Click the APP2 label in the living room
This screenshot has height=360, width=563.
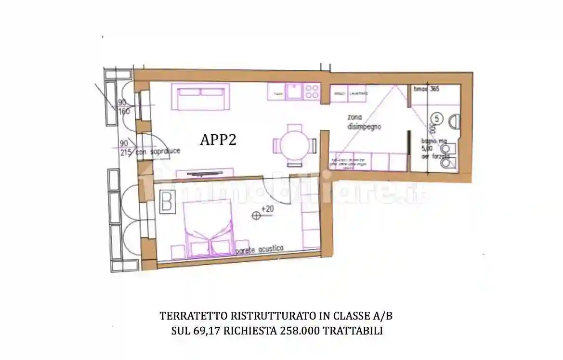tap(218, 140)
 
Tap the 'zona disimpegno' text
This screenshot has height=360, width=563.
tap(364, 122)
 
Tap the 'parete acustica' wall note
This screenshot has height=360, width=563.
tap(260, 250)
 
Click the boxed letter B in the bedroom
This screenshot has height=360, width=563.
tap(167, 202)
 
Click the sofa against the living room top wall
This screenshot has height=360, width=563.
tap(202, 96)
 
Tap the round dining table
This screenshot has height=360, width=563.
tap(295, 144)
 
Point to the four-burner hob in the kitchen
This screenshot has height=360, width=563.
tap(312, 91)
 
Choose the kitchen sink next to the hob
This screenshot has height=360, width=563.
tap(293, 91)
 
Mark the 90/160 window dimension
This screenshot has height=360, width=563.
tap(124, 107)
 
